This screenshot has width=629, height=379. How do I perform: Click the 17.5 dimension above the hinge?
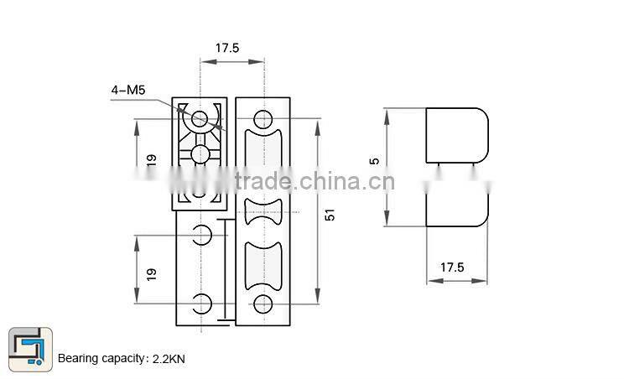227,48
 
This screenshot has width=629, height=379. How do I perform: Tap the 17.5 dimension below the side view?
452,267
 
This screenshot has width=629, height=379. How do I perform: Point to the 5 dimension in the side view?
375,160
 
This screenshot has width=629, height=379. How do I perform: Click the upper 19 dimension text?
152,159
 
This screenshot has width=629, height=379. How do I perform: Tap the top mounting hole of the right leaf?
263,117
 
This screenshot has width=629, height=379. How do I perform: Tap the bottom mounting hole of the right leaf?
263,304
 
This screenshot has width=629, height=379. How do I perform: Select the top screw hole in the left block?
200,119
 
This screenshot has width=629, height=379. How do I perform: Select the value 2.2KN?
169,359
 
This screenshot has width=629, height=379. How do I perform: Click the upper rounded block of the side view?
457,135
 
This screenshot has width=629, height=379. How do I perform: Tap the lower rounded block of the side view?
457,205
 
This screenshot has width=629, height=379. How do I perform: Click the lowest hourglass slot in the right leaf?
263,266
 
